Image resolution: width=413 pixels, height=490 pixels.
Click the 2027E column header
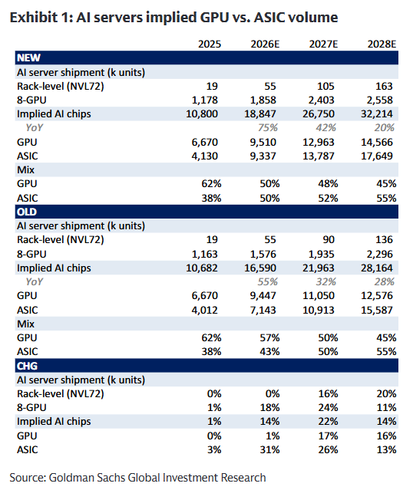[323, 44]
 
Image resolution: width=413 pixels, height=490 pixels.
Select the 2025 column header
[210, 44]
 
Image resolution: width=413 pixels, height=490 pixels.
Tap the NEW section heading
[28, 58]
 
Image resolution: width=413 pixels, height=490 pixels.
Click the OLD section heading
[27, 212]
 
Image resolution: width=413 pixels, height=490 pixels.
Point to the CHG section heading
[27, 366]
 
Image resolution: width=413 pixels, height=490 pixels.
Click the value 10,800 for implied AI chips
[202, 114]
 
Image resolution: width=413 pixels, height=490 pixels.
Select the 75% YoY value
[268, 128]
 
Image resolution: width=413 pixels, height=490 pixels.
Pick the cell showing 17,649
[377, 156]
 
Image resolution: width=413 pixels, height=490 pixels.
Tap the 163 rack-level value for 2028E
[384, 86]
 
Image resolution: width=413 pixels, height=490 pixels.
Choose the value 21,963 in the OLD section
[319, 268]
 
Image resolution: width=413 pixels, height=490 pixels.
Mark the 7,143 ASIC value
[263, 310]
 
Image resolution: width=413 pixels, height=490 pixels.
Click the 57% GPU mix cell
[269, 338]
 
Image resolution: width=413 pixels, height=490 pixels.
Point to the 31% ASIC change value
[269, 449]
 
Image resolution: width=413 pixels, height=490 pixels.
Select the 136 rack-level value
[384, 240]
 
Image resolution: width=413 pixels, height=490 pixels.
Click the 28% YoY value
[385, 282]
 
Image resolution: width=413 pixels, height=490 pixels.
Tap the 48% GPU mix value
[328, 184]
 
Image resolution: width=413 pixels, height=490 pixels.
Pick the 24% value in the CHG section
[328, 408]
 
